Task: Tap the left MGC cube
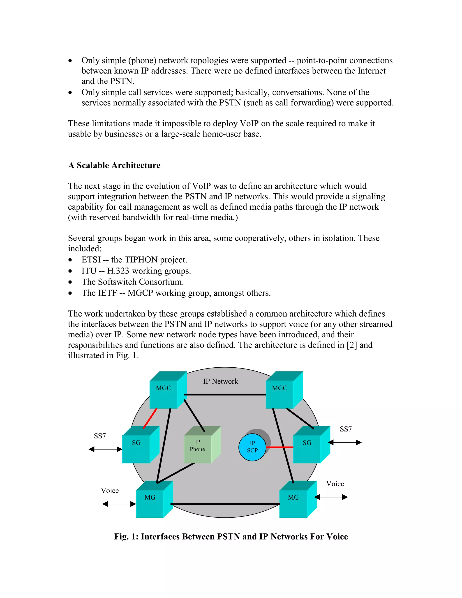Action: click(x=164, y=392)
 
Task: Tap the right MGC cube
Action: click(x=280, y=392)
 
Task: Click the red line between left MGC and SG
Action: click(x=150, y=418)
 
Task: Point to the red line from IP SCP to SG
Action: click(x=279, y=447)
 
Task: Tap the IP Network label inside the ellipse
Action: click(x=221, y=381)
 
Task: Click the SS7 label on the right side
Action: click(x=346, y=429)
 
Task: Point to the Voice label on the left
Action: click(x=110, y=490)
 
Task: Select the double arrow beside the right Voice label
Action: click(x=331, y=497)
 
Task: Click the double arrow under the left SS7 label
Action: click(x=105, y=449)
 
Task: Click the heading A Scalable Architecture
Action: click(x=114, y=165)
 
